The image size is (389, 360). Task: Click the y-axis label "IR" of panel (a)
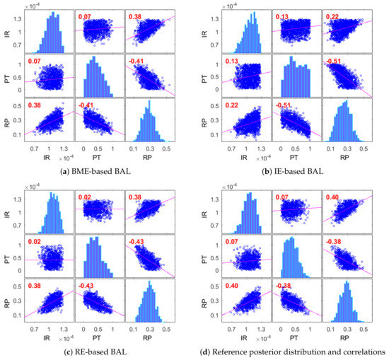(x=8, y=30)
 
